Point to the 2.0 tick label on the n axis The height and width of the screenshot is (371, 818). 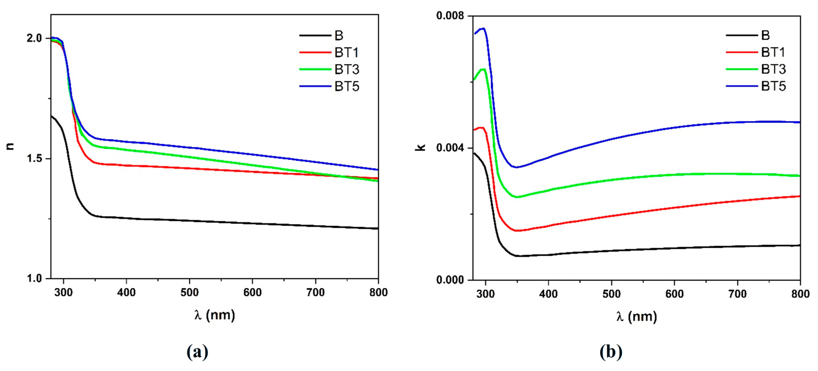(x=34, y=38)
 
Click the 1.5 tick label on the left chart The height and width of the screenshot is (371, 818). (x=34, y=159)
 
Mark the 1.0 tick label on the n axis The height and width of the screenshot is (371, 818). (x=34, y=279)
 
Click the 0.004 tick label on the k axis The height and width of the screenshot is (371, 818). (x=450, y=148)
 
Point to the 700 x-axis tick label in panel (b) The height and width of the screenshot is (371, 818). (x=737, y=294)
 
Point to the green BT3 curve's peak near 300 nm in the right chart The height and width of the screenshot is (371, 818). (x=484, y=69)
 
